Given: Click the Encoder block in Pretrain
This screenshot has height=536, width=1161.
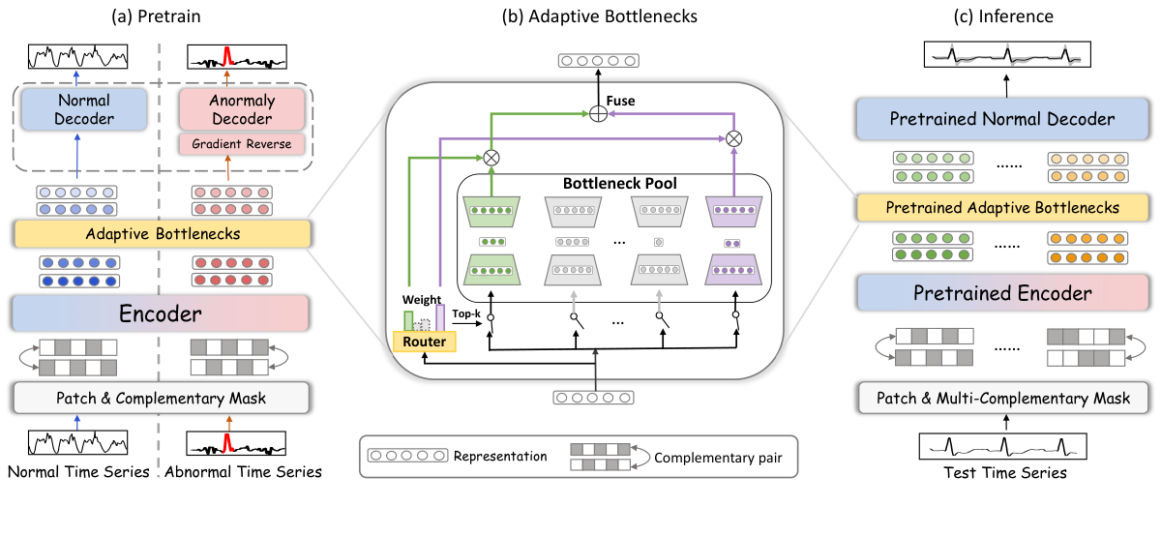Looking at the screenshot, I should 160,313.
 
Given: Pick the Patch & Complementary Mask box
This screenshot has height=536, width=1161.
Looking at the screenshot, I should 160,397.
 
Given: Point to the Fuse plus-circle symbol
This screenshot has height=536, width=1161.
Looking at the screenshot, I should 598,115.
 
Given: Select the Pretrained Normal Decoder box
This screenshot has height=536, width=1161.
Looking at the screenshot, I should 1002,121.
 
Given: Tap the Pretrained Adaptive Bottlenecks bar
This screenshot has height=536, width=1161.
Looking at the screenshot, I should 1002,207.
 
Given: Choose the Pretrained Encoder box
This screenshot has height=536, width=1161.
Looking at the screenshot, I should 1002,293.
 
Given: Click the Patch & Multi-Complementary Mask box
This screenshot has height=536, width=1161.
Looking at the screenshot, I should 1002,398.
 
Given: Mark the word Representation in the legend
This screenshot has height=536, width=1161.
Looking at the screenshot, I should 499,456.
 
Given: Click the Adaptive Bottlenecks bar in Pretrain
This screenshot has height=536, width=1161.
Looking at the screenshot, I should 160,232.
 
